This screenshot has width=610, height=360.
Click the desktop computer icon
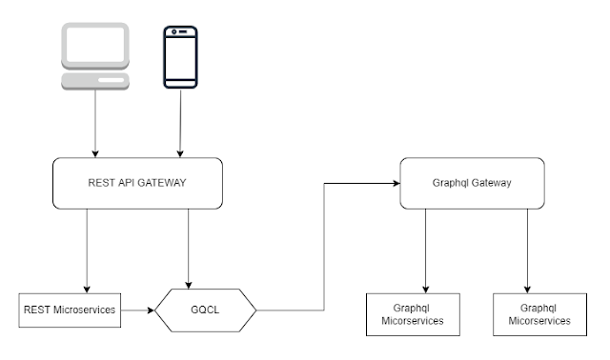95,55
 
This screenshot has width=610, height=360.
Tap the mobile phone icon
180,57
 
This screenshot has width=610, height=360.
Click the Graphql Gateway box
464,183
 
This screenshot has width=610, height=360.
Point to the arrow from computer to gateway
95,124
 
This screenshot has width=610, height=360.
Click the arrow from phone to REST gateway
180,124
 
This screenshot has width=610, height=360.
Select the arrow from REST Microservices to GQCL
139,310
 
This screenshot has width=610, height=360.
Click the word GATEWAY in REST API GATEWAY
161,183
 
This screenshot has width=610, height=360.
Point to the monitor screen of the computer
95,44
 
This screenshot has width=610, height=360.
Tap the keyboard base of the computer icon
95,80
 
